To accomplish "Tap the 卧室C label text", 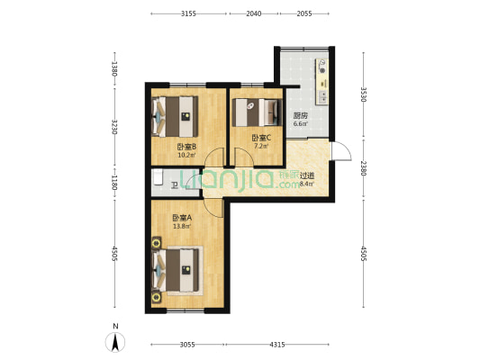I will pos(261,137).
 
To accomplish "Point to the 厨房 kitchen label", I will pos(300,115).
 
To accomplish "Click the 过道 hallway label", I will pos(306,175).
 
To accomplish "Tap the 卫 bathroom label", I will pos(175,186).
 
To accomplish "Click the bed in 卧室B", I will pos(177,110).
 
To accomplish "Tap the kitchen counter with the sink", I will pos(322,81).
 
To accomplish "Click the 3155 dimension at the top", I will pos(189,14).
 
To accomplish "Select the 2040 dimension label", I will pos(254,14).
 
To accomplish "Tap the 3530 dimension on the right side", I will pos(363,94).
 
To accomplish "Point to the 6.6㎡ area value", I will pos(300,124).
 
